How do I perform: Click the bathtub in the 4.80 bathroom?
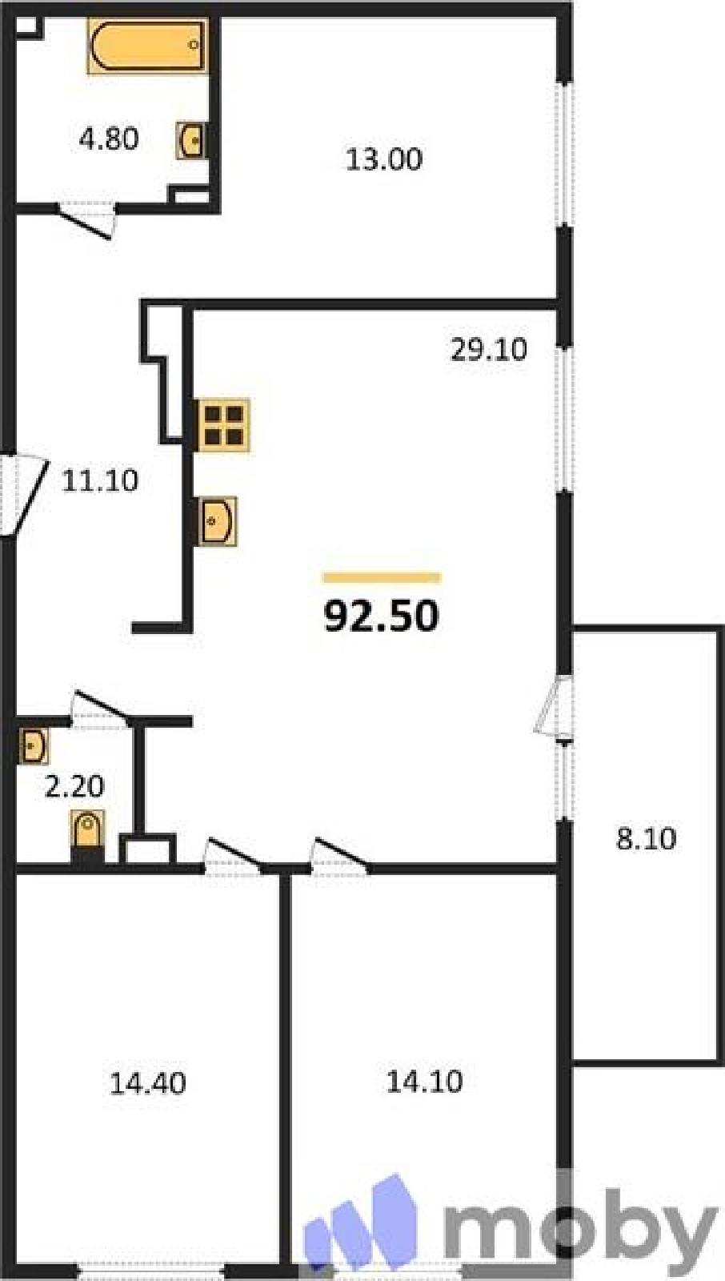point(146,46)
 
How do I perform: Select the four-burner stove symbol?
point(223,425)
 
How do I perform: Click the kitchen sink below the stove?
point(218,521)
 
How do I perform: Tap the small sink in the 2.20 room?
point(33,745)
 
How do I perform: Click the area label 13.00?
point(384,159)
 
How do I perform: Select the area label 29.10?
point(489,349)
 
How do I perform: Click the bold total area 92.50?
point(382,616)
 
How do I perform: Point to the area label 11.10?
point(100,480)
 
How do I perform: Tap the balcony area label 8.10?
point(646,839)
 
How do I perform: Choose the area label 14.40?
point(147,1083)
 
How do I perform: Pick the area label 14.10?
point(424,1082)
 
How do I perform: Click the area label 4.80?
point(109,139)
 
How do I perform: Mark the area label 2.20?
point(74,786)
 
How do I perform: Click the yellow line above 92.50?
point(382,577)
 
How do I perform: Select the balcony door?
point(554,705)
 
